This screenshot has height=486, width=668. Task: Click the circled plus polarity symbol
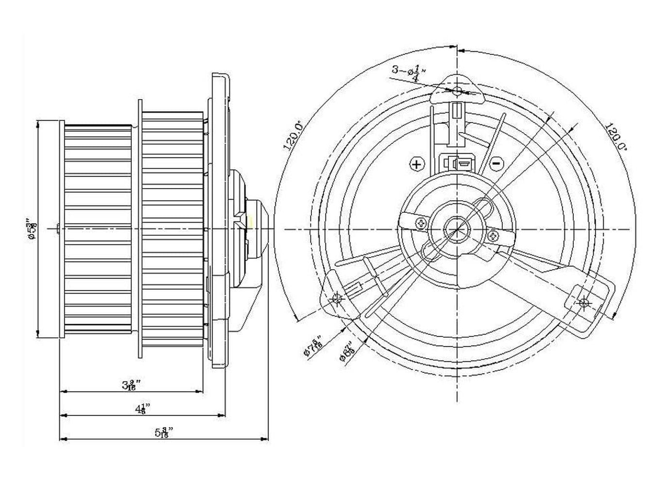(x=417, y=164)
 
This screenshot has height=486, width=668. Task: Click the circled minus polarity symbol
(x=496, y=164)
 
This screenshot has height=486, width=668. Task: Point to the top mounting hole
(x=457, y=91)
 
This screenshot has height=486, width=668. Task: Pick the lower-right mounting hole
(x=584, y=302)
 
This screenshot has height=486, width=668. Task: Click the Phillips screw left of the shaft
(x=420, y=223)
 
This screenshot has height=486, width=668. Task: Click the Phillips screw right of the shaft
(x=494, y=236)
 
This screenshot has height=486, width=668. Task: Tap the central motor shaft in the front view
(x=457, y=228)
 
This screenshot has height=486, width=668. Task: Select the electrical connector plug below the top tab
(x=457, y=163)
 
